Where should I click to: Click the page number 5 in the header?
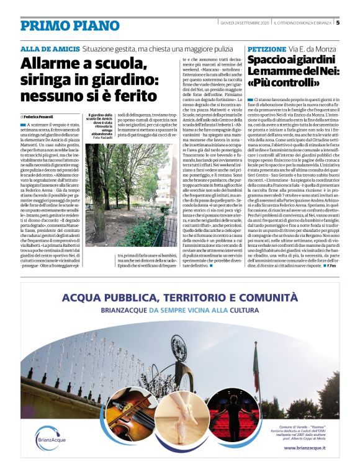click(x=338, y=23)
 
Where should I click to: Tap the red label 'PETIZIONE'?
click(x=266, y=48)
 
